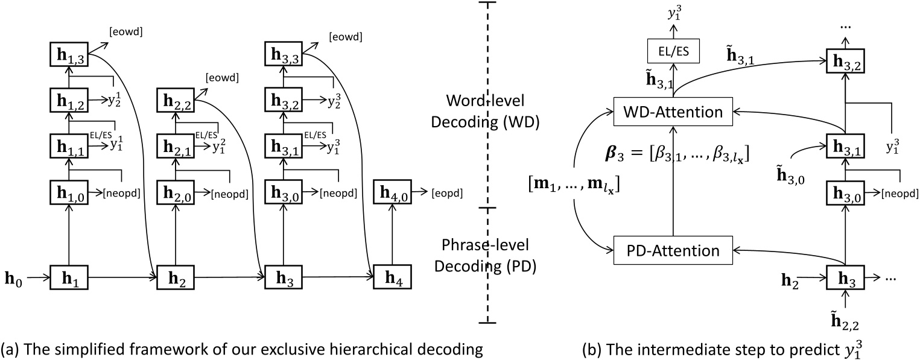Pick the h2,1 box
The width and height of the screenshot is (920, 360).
[174, 145]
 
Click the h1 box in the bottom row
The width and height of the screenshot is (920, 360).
[68, 279]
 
